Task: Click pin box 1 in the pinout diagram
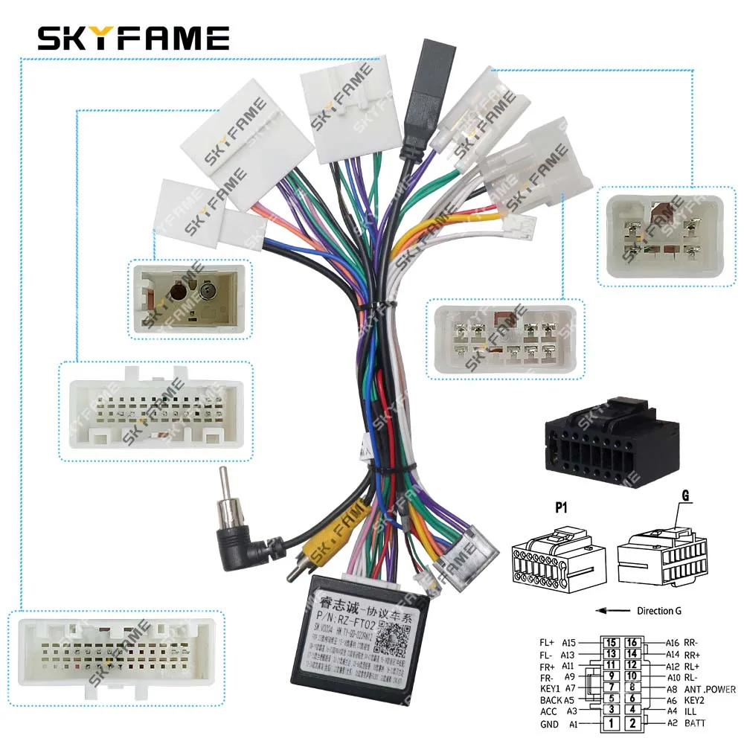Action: click(611, 722)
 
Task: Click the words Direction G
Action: click(658, 611)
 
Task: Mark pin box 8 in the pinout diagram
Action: click(632, 688)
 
